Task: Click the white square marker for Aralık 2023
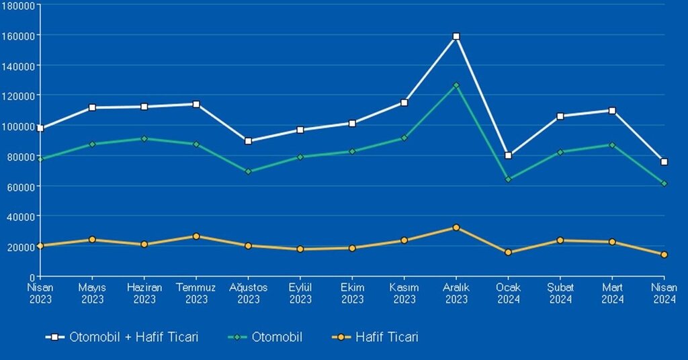pyautogui.click(x=456, y=36)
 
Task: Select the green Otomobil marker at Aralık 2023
pyautogui.click(x=456, y=85)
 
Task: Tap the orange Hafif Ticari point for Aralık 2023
pyautogui.click(x=456, y=228)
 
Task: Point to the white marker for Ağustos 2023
pyautogui.click(x=249, y=141)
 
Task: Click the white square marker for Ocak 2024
pyautogui.click(x=509, y=155)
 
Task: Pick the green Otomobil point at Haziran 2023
pyautogui.click(x=144, y=138)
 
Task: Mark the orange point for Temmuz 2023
pyautogui.click(x=196, y=236)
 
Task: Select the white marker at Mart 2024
pyautogui.click(x=612, y=111)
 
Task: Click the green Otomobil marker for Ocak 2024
pyautogui.click(x=509, y=179)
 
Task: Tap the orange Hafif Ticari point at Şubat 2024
pyautogui.click(x=560, y=240)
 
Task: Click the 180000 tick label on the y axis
pyautogui.click(x=21, y=5)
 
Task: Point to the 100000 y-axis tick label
pyautogui.click(x=21, y=126)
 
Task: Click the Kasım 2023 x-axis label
pyautogui.click(x=404, y=294)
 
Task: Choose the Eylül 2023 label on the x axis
pyautogui.click(x=300, y=294)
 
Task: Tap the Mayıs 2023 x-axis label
pyautogui.click(x=93, y=294)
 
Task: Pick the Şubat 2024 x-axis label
pyautogui.click(x=560, y=294)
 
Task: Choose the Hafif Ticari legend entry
pyautogui.click(x=376, y=337)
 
